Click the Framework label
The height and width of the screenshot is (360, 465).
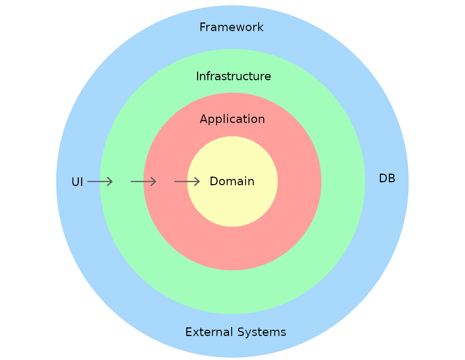[231, 27]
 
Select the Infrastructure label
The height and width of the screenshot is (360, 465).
[233, 76]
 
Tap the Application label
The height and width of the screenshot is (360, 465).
[232, 119]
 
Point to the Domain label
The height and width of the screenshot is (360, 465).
[232, 181]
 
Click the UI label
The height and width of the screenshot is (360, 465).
[77, 182]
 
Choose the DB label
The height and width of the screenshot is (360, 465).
[387, 178]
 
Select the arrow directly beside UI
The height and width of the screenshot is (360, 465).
[100, 182]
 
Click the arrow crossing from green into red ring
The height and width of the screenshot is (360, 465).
[143, 182]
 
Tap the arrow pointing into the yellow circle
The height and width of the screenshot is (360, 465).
[187, 182]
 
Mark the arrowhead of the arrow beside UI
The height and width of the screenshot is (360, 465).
[110, 182]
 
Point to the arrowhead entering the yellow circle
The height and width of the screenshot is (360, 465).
[197, 182]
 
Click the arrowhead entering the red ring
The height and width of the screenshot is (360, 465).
[154, 182]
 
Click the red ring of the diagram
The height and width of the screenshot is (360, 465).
[232, 247]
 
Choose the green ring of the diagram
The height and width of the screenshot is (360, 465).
[232, 292]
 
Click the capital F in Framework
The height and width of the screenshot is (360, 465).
[202, 27]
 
